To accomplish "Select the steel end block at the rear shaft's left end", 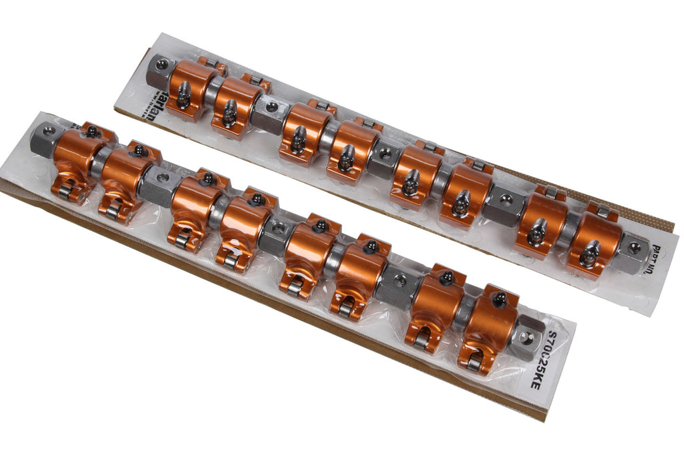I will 158,69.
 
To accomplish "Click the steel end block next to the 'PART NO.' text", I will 631,252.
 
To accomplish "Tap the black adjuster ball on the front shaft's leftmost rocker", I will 91,131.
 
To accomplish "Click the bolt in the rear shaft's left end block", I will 162,65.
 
